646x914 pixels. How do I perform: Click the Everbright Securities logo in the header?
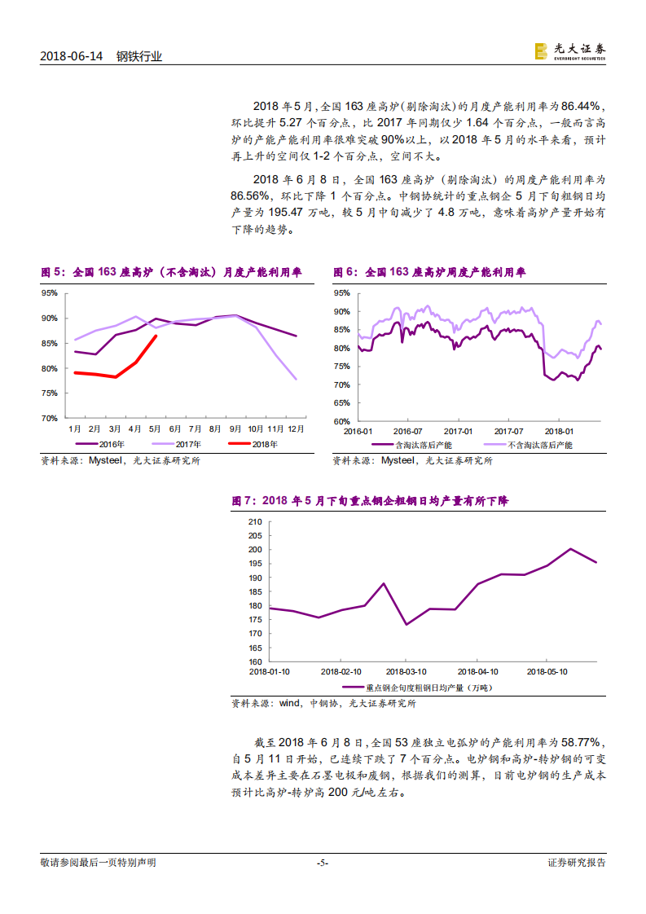(569, 51)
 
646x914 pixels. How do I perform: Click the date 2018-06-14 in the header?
(73, 56)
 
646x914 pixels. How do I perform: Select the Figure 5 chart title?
(171, 273)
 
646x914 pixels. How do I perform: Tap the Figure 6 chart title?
(429, 273)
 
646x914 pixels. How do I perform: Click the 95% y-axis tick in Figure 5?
(49, 292)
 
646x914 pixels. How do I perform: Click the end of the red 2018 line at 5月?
(156, 336)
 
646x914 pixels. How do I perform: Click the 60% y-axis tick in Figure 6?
(341, 422)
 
